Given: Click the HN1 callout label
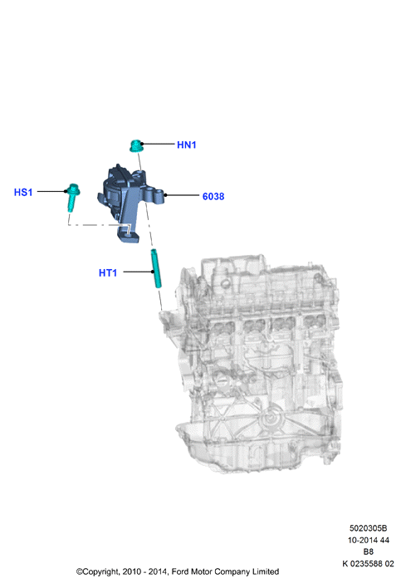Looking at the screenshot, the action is click(186, 145).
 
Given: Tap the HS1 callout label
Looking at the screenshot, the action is click(23, 193).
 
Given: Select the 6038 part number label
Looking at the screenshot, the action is click(213, 197).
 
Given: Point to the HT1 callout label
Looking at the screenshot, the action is click(108, 273).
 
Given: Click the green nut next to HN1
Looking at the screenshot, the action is click(135, 146).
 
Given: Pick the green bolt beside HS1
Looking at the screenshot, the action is click(72, 198).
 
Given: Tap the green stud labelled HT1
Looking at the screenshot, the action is click(156, 268).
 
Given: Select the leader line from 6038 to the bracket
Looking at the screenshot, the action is click(182, 195).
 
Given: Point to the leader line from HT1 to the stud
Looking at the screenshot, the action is click(138, 272).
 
